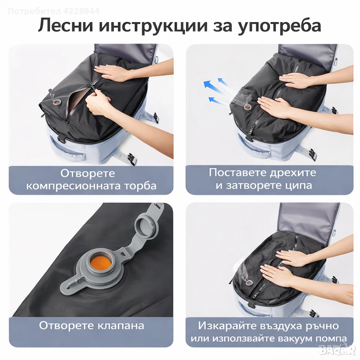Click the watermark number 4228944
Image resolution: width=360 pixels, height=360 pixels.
pos(82,11)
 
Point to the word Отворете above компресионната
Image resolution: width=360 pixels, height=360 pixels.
pos(87,173)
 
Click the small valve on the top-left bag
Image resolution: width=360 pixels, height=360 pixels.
pos(56,103)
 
